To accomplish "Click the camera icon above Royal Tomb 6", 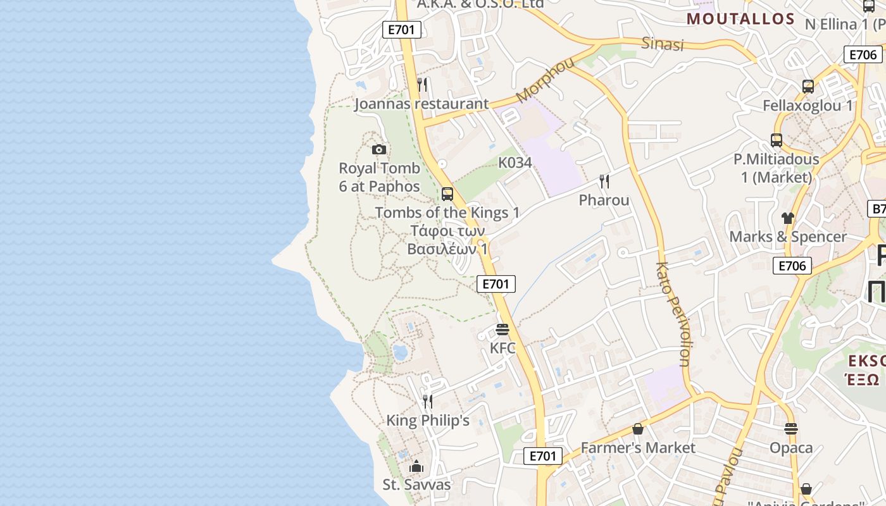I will [x=379, y=150].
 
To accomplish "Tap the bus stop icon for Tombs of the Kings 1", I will [x=447, y=194].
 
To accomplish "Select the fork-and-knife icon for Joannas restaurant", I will [x=422, y=85].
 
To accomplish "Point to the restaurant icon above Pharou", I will [x=604, y=182].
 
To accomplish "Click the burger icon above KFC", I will [x=502, y=330].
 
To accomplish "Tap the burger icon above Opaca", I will [x=791, y=429].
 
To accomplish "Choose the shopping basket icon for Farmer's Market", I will [x=638, y=429].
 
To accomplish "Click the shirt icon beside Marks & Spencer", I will [x=787, y=218].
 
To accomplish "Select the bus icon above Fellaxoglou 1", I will [x=808, y=87].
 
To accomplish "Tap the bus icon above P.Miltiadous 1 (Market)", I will [x=777, y=140].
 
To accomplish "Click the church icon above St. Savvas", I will [x=416, y=466].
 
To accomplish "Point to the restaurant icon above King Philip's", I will [x=428, y=402].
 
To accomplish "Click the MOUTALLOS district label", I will [x=740, y=19].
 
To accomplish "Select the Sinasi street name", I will [x=663, y=44].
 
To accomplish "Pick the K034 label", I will [x=515, y=163].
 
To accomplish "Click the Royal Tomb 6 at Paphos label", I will [x=379, y=177].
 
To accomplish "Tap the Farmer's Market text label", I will [x=638, y=448].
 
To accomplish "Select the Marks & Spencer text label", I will [x=788, y=237].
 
